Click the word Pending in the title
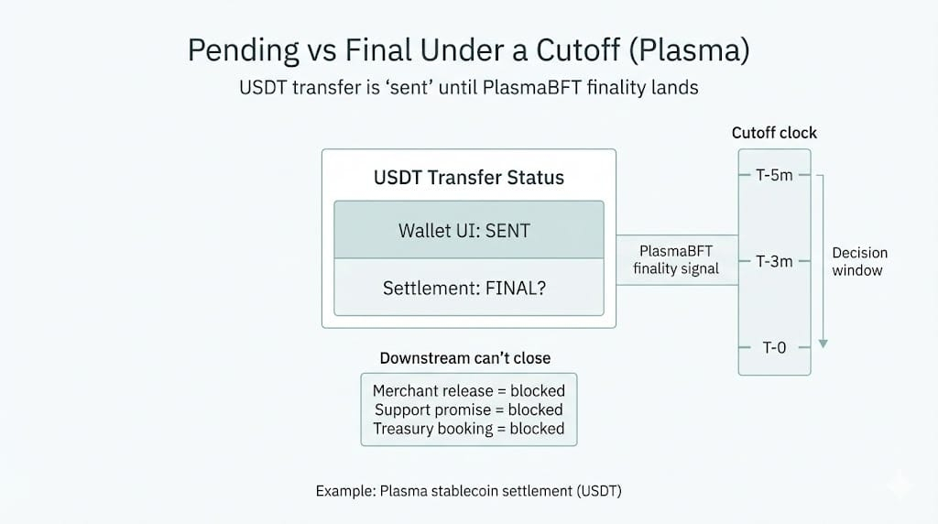tap(243, 51)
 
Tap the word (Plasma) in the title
tap(689, 50)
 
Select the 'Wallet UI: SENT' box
tap(469, 230)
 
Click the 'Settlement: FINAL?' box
tap(469, 287)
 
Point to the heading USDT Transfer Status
tap(469, 178)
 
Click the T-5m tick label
tap(774, 175)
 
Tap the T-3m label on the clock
tap(774, 261)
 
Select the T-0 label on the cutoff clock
tap(774, 347)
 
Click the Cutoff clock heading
tap(774, 133)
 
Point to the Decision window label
tap(859, 261)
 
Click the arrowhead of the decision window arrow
tap(823, 344)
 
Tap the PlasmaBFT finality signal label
tap(676, 259)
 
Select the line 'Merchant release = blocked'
tap(469, 390)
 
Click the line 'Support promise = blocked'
tap(469, 409)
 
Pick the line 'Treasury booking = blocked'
tap(469, 429)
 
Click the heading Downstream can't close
tap(465, 358)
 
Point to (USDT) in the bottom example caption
tap(599, 491)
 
